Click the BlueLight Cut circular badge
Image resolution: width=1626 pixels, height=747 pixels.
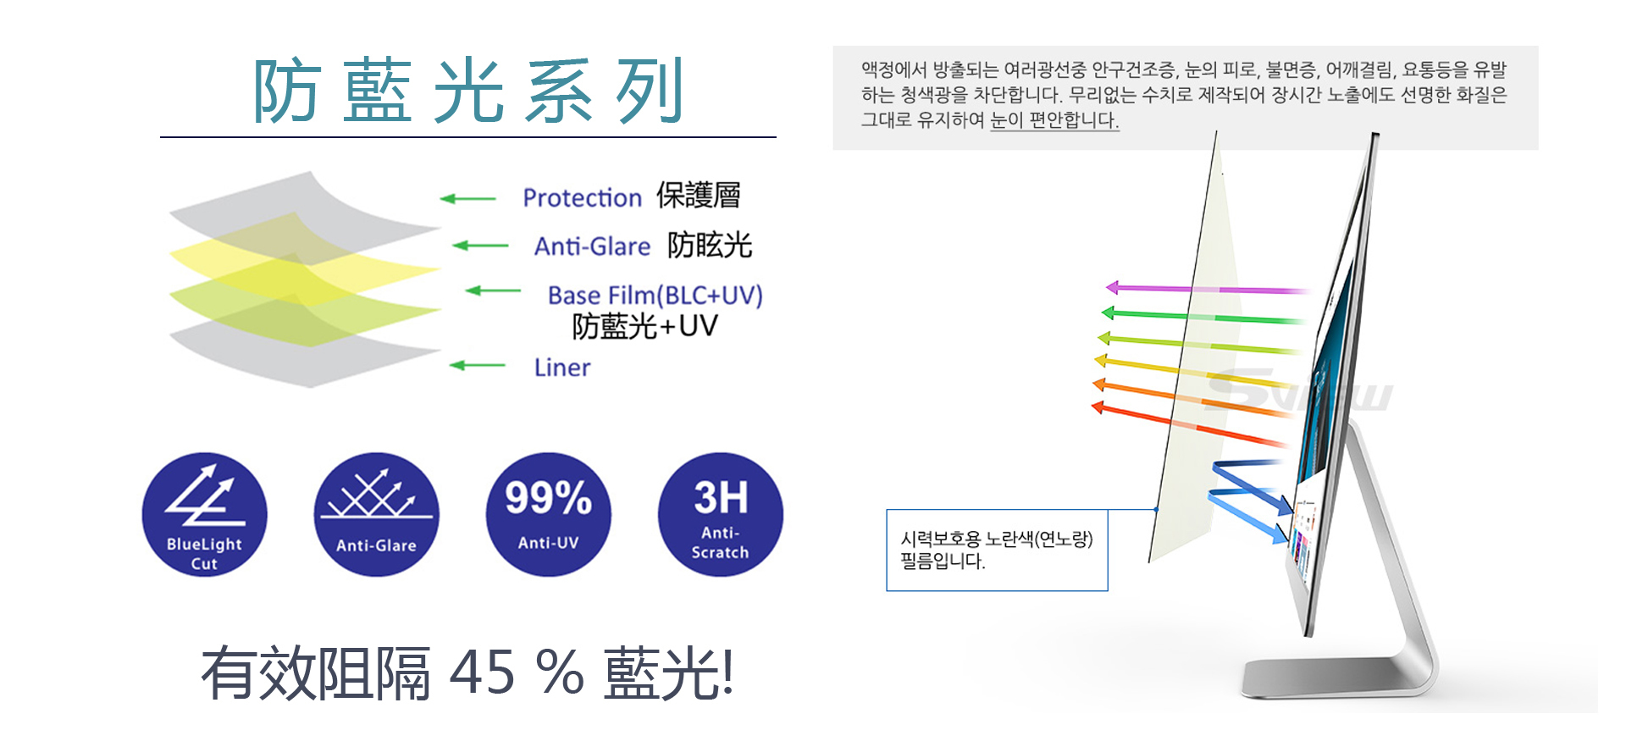(204, 515)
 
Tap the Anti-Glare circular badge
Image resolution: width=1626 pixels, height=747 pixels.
(376, 515)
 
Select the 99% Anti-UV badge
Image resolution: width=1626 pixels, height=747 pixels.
(548, 515)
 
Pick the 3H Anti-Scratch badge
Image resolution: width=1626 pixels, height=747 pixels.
(720, 515)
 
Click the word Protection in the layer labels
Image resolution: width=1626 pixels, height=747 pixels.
(582, 198)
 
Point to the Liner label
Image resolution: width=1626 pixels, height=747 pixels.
(562, 368)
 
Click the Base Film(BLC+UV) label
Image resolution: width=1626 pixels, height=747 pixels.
(655, 295)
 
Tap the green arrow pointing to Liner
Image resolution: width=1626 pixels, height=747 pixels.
(477, 366)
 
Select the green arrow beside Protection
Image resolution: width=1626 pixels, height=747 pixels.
(467, 199)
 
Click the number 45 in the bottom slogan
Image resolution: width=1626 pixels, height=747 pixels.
(482, 673)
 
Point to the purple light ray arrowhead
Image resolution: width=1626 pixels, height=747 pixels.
(1113, 287)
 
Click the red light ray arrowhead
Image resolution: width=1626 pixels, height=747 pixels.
(1098, 407)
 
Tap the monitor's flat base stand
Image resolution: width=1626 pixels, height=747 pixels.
(1338, 678)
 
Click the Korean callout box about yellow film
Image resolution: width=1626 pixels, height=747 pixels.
(997, 550)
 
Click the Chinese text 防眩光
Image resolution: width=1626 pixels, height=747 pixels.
(710, 246)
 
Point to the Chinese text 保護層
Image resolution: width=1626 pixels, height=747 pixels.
(699, 196)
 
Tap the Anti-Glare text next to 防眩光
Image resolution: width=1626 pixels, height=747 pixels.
(592, 246)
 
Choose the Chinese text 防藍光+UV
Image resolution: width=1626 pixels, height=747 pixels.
(645, 326)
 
